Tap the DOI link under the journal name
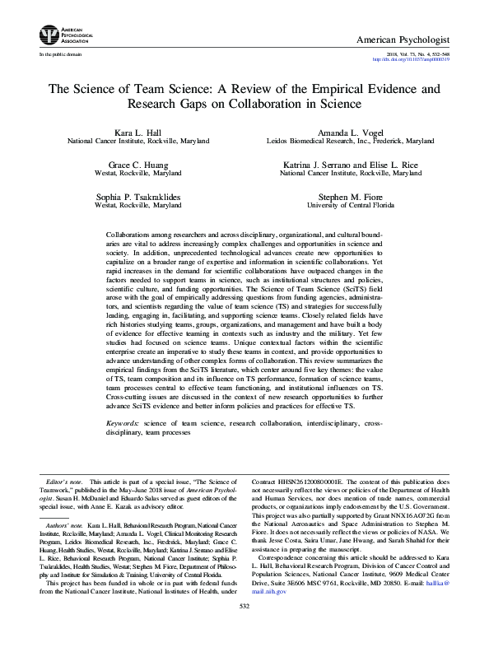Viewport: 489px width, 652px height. pyautogui.click(x=417, y=59)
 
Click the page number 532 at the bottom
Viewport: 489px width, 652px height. pyautogui.click(x=244, y=628)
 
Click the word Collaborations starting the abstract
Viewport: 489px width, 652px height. pyautogui.click(x=133, y=235)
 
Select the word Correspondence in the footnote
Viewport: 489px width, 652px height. pyautogui.click(x=286, y=579)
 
